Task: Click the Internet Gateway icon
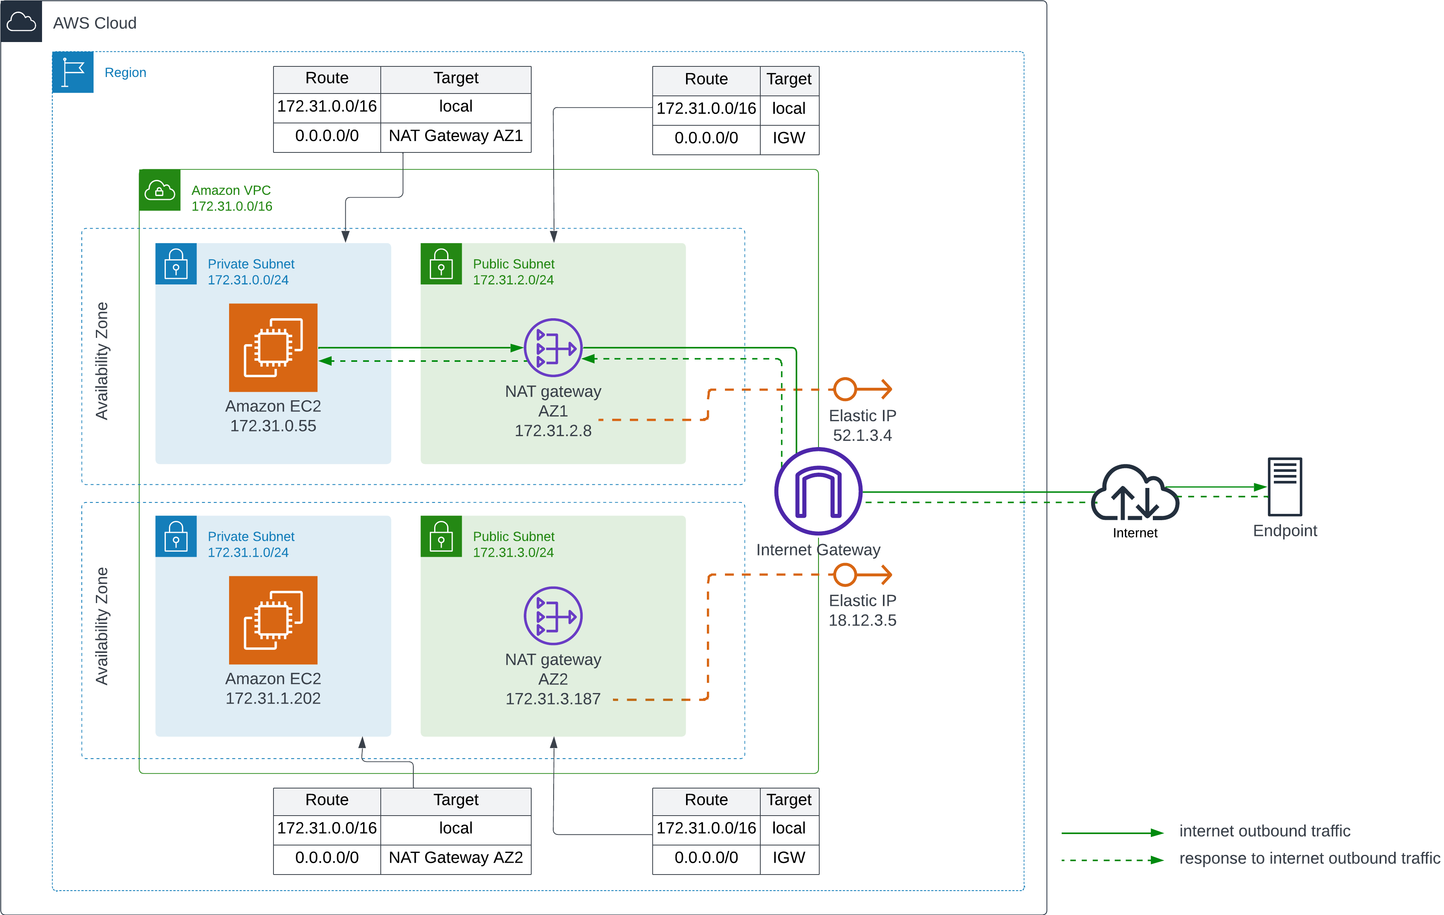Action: click(x=818, y=491)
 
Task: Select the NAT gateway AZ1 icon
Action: click(x=553, y=348)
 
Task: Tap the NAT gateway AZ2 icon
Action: click(x=553, y=615)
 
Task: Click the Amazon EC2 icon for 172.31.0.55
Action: click(x=273, y=347)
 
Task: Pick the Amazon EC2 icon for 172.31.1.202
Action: click(x=273, y=620)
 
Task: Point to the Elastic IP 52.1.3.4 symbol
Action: click(x=862, y=389)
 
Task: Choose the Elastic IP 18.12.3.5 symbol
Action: click(x=862, y=574)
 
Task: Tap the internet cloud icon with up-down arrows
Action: click(x=1135, y=493)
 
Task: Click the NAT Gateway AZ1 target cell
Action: click(x=456, y=136)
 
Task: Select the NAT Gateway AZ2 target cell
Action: click(x=456, y=857)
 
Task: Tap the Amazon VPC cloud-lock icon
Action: click(x=160, y=191)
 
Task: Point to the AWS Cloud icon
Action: click(x=21, y=22)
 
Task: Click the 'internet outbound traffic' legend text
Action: click(x=1264, y=831)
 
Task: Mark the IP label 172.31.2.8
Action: click(x=553, y=431)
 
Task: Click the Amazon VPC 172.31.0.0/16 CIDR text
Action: click(x=231, y=206)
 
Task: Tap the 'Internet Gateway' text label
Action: click(x=818, y=550)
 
